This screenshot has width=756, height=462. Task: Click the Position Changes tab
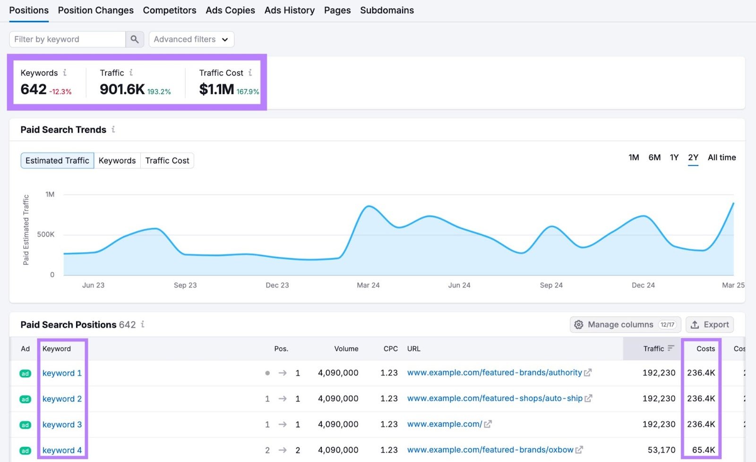pyautogui.click(x=95, y=10)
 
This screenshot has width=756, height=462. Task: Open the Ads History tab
pyautogui.click(x=289, y=10)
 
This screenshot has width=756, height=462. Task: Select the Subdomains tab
pyautogui.click(x=387, y=10)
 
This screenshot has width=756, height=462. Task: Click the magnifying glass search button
pyautogui.click(x=135, y=39)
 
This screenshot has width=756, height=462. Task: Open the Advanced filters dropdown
pyautogui.click(x=191, y=39)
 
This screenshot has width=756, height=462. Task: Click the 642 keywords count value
pyautogui.click(x=34, y=89)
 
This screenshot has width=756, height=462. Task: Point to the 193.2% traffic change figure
pyautogui.click(x=159, y=92)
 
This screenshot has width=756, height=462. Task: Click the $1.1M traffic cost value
pyautogui.click(x=216, y=89)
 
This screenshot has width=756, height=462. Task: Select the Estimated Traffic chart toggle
pyautogui.click(x=57, y=160)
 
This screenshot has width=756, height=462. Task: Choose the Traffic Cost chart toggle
pyautogui.click(x=167, y=160)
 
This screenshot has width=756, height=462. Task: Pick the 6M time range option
pyautogui.click(x=654, y=158)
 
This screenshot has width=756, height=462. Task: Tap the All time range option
pyautogui.click(x=722, y=158)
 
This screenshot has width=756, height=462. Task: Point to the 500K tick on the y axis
pyautogui.click(x=46, y=235)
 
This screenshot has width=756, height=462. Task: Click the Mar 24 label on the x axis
pyautogui.click(x=368, y=285)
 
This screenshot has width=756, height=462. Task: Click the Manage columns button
pyautogui.click(x=625, y=325)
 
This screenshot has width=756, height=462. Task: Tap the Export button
pyautogui.click(x=710, y=325)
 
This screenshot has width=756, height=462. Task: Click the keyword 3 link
pyautogui.click(x=62, y=425)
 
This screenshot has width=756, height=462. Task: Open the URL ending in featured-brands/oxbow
pyautogui.click(x=490, y=450)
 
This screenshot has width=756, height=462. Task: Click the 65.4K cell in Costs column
pyautogui.click(x=703, y=450)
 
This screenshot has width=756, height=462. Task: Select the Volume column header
pyautogui.click(x=346, y=349)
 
